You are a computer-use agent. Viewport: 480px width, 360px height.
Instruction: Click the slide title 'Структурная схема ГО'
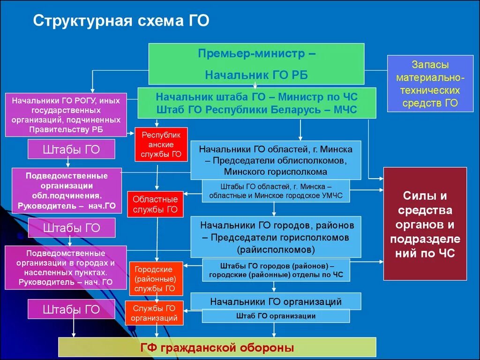(x=121, y=21)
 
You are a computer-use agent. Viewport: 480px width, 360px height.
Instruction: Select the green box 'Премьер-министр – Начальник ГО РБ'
(x=256, y=64)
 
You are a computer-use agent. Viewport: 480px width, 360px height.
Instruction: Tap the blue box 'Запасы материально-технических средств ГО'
(x=430, y=83)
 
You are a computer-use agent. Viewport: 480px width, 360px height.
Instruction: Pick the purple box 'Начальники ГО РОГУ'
(x=66, y=115)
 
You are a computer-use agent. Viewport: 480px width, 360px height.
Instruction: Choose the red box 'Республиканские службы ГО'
(x=161, y=144)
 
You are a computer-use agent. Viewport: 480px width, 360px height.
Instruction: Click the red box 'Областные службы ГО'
(x=155, y=204)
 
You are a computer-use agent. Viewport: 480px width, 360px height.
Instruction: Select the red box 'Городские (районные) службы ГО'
(x=156, y=279)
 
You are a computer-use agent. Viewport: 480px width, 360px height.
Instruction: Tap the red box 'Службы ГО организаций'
(x=154, y=313)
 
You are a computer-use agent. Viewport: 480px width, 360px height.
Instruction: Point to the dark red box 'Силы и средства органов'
(x=425, y=224)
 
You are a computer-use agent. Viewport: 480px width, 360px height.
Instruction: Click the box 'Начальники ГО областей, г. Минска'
(x=276, y=160)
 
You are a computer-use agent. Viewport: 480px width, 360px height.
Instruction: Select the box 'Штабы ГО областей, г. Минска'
(x=276, y=190)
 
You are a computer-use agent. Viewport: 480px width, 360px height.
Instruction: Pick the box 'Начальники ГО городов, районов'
(x=276, y=237)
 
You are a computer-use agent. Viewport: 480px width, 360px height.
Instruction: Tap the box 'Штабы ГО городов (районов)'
(x=276, y=270)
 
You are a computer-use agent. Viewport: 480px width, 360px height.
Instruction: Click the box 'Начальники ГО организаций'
(x=276, y=301)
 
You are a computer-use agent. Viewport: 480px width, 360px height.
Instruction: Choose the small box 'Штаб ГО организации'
(x=276, y=316)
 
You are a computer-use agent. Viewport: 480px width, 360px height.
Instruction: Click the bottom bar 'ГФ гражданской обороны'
(x=217, y=347)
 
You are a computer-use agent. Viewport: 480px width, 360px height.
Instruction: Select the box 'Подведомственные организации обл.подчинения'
(x=67, y=191)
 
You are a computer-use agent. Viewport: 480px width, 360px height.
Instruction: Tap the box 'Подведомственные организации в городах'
(x=66, y=267)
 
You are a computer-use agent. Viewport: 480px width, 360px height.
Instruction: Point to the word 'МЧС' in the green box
(x=345, y=110)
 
